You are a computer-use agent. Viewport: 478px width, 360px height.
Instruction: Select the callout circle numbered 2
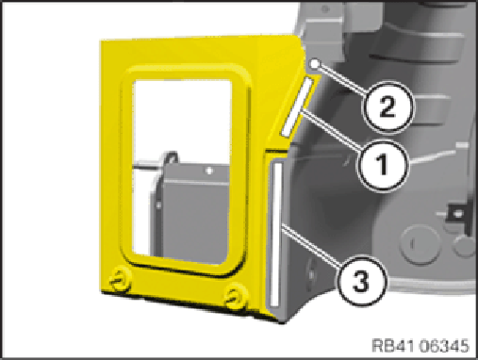click(x=387, y=106)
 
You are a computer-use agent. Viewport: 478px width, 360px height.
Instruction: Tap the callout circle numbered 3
click(x=361, y=281)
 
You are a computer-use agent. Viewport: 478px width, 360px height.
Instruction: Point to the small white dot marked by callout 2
click(x=314, y=64)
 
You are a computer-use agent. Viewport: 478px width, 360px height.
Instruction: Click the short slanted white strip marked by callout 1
click(x=297, y=107)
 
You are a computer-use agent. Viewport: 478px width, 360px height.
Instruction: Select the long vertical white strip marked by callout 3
click(x=275, y=235)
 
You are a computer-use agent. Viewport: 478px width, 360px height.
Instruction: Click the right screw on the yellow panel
click(x=235, y=295)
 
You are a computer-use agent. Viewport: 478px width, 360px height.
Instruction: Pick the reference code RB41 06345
click(x=420, y=346)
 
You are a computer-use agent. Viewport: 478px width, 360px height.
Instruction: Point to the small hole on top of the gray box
click(x=209, y=172)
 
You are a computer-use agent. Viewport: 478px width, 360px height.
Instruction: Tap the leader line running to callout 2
click(x=342, y=78)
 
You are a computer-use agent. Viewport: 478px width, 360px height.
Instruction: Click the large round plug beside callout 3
click(x=419, y=244)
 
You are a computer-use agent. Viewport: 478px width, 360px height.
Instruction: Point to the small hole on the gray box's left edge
click(x=158, y=205)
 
